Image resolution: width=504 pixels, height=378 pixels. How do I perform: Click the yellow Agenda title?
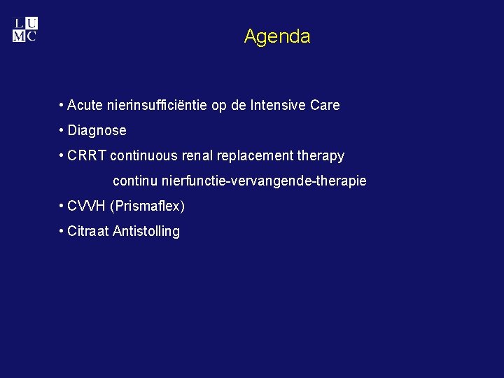277,36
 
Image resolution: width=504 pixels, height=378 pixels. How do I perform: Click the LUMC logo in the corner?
25,30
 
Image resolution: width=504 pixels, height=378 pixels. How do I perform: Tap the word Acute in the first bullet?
85,106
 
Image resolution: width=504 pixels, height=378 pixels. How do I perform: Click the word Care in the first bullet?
325,106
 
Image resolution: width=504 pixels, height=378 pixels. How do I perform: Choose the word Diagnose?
97,131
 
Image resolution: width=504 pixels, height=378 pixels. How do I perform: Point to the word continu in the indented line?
135,181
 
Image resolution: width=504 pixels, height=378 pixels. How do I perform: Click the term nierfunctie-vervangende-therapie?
264,181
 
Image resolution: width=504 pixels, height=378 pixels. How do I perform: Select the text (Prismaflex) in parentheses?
148,207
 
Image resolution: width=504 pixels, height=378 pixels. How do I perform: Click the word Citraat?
88,232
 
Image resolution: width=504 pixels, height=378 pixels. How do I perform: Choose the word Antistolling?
146,232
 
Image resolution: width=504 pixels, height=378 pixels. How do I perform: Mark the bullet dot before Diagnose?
62,131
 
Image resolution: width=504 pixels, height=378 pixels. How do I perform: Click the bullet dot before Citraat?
62,231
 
